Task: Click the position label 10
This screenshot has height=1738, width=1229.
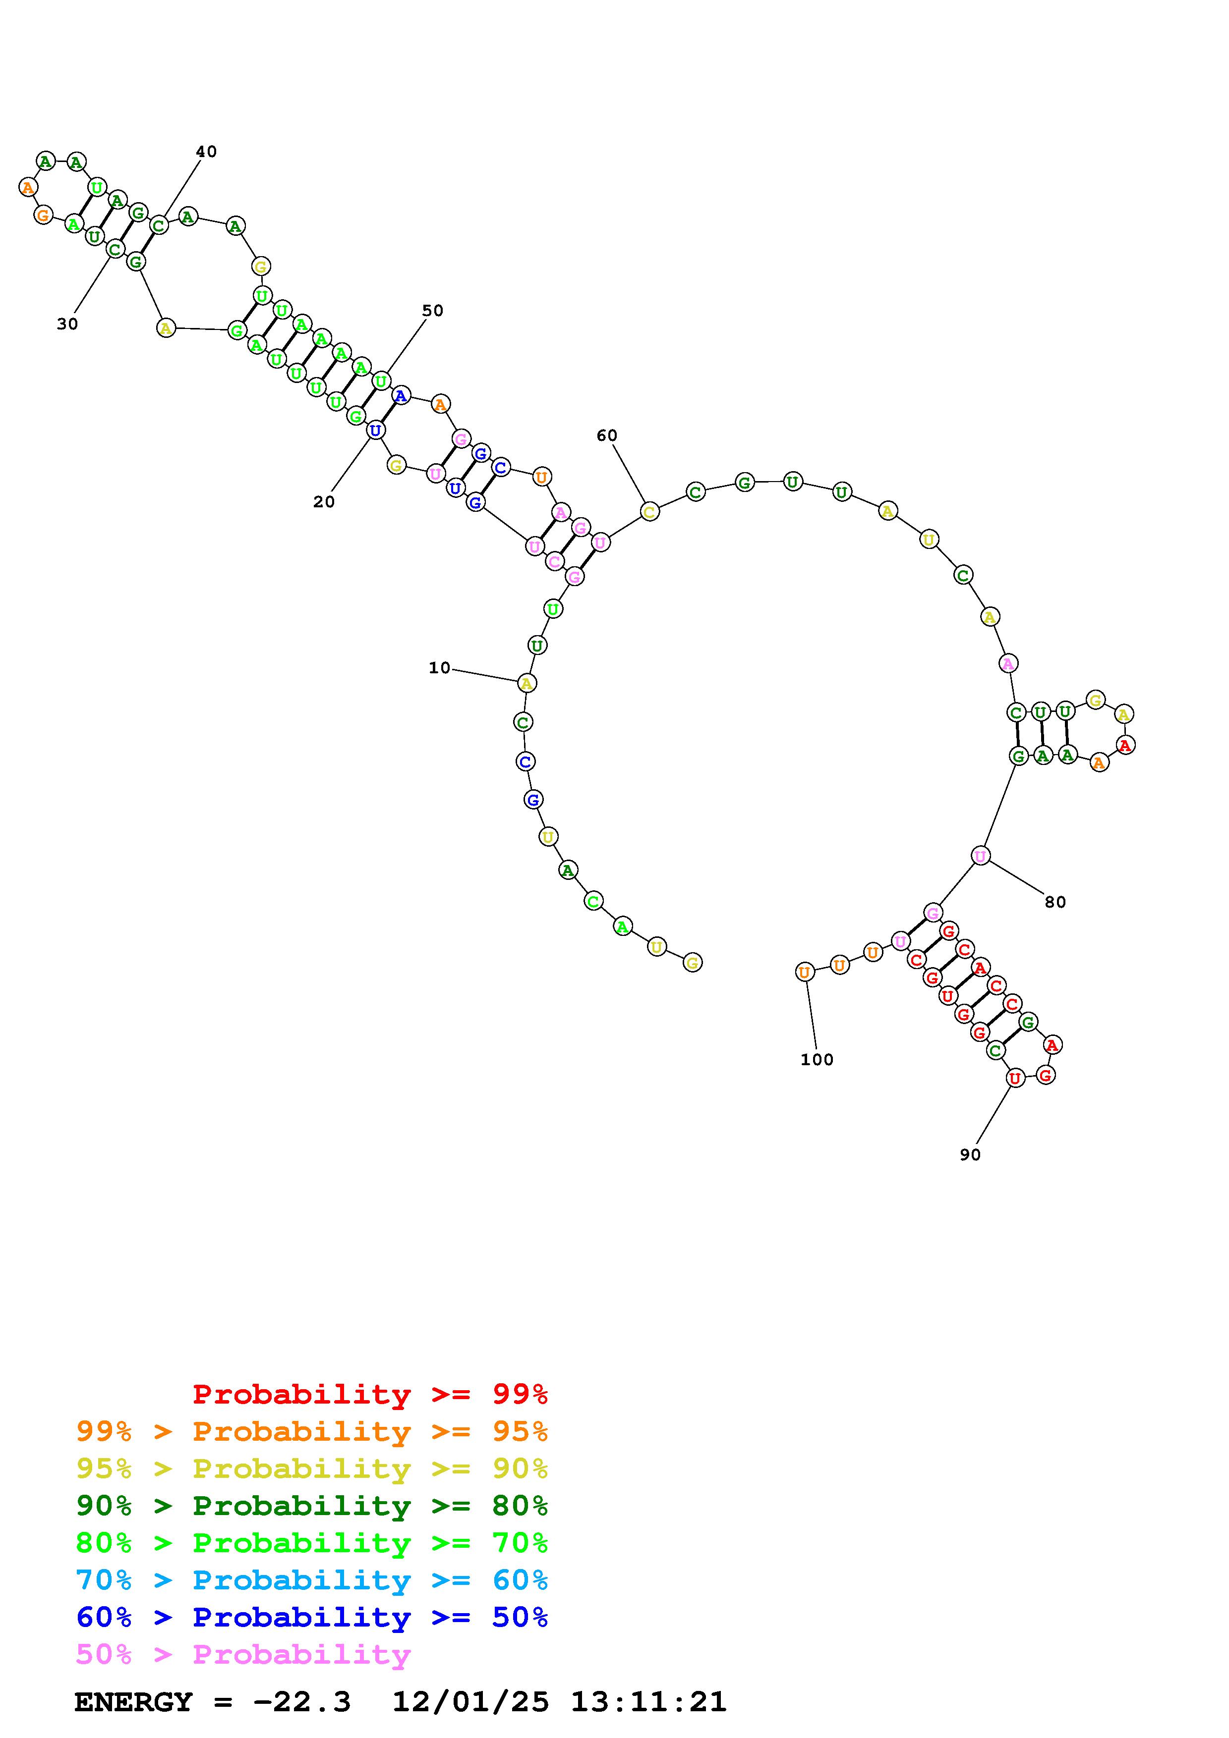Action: click(439, 668)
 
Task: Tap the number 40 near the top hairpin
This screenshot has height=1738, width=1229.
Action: click(206, 152)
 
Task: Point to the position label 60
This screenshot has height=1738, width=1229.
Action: click(606, 435)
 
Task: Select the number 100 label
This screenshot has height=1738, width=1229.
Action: click(817, 1060)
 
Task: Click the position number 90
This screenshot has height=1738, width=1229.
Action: click(970, 1154)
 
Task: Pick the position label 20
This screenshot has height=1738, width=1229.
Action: click(323, 502)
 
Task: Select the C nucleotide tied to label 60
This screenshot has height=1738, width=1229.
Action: click(649, 512)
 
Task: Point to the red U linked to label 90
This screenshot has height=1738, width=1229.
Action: click(1015, 1079)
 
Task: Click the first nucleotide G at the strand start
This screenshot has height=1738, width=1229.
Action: click(692, 962)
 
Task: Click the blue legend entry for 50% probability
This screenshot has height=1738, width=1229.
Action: click(312, 1618)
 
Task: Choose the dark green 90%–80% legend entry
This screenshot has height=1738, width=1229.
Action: click(312, 1506)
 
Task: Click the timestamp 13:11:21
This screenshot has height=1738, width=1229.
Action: click(648, 1702)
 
